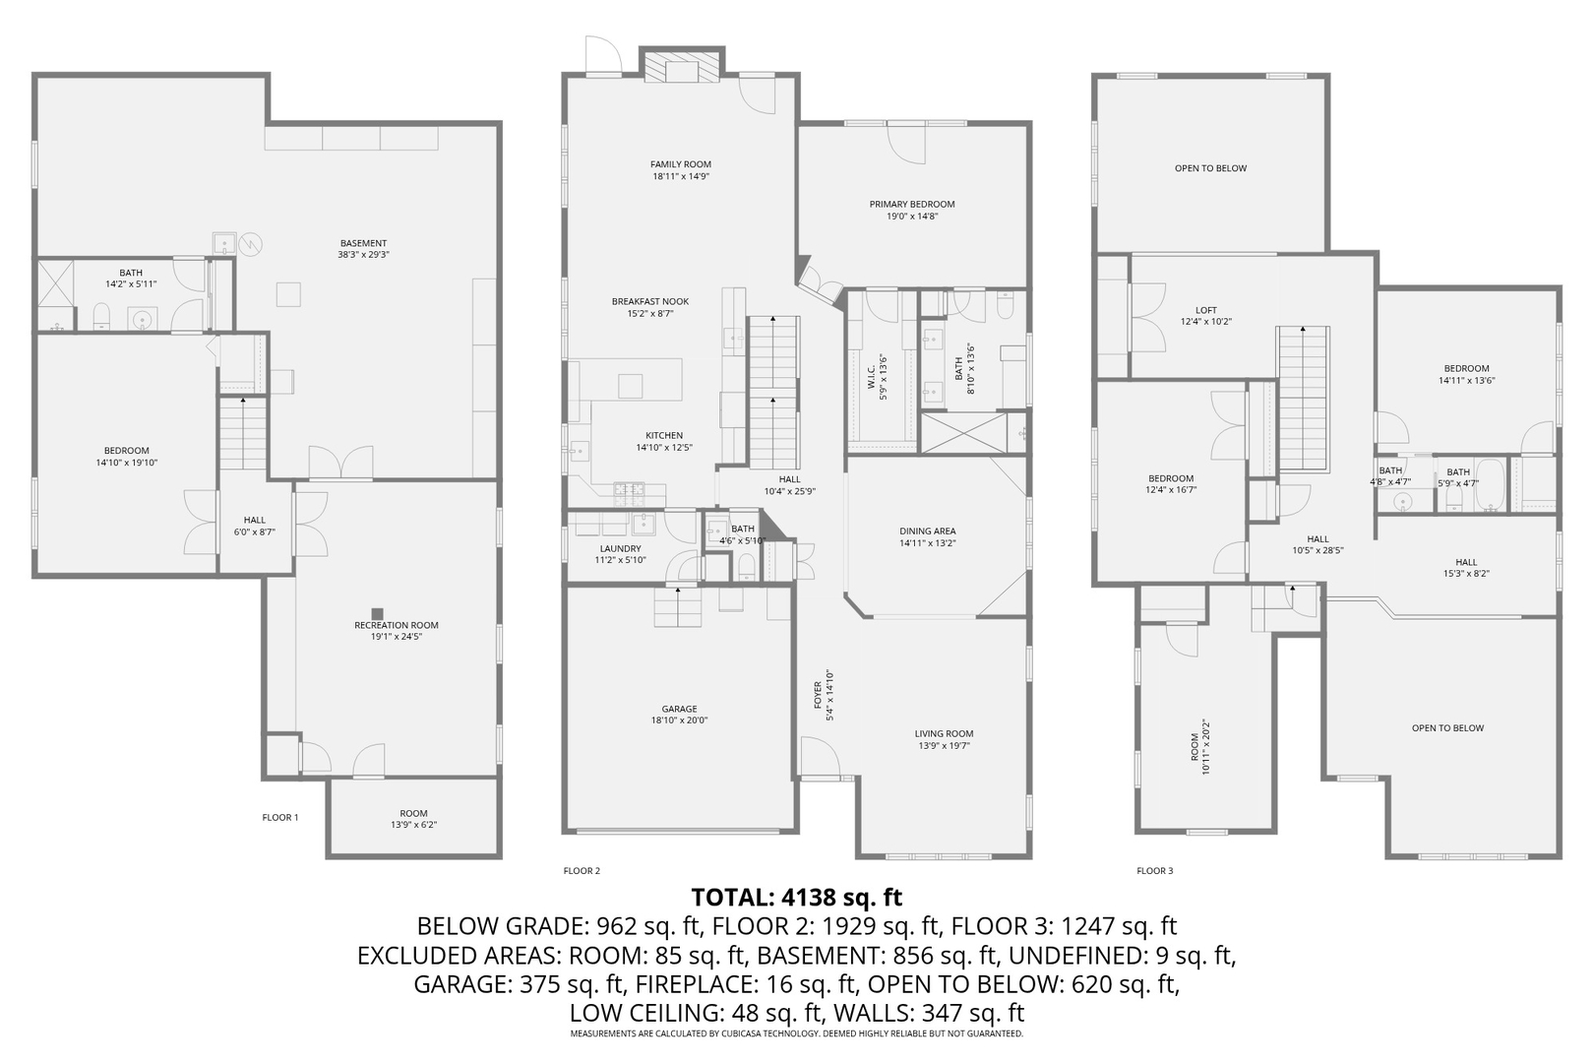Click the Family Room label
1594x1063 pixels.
point(680,164)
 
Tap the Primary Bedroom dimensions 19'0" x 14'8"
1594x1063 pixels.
point(911,217)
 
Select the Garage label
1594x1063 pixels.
point(679,709)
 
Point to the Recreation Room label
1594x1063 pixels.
point(397,625)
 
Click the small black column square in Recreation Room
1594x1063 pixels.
point(376,612)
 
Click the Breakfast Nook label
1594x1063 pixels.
point(649,302)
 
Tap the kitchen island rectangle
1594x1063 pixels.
point(630,385)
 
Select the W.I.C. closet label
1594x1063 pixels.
point(872,376)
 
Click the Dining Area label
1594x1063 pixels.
point(927,531)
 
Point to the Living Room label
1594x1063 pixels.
point(944,733)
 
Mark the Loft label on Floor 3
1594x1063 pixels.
point(1206,310)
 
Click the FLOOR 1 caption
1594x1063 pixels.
point(280,817)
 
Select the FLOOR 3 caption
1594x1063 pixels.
point(1154,870)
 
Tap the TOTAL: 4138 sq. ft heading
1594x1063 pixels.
point(796,897)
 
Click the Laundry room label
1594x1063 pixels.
point(620,549)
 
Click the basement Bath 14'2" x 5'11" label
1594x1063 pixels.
point(131,273)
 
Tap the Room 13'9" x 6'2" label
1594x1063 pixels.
point(413,813)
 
